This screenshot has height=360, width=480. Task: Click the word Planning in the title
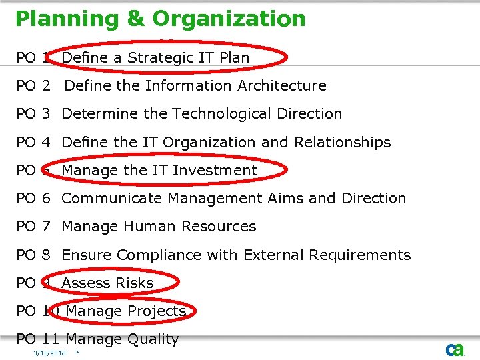click(65, 19)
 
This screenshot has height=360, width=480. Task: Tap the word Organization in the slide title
click(229, 19)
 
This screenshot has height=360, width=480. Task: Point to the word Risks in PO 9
click(136, 283)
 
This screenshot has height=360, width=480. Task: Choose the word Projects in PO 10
click(157, 311)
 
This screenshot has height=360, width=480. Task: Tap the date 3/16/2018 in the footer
click(50, 353)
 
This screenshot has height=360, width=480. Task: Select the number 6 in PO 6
click(46, 199)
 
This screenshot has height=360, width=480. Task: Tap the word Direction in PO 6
click(373, 199)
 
